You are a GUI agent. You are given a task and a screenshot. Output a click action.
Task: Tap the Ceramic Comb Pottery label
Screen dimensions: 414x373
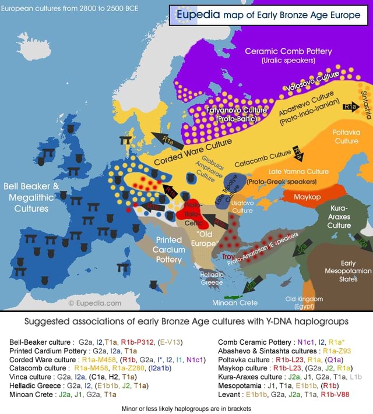pyautogui.click(x=288, y=55)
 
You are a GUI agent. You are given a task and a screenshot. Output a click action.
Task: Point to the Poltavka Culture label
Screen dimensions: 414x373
pyautogui.click(x=346, y=136)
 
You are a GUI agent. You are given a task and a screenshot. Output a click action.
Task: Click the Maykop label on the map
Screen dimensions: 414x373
pyautogui.click(x=307, y=197)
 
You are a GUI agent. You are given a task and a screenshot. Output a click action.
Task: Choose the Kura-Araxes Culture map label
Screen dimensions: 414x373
pyautogui.click(x=339, y=216)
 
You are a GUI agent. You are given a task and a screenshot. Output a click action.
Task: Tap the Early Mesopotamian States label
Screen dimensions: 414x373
pyautogui.click(x=348, y=271)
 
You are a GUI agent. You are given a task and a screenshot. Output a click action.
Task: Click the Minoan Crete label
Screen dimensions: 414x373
pyautogui.click(x=234, y=302)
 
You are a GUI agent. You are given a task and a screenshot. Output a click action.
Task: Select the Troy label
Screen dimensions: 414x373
pyautogui.click(x=228, y=257)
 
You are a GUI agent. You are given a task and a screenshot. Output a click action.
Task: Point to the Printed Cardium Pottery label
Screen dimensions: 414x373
pyautogui.click(x=168, y=250)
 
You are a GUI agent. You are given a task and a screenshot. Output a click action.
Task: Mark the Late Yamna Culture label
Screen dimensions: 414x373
pyautogui.click(x=298, y=171)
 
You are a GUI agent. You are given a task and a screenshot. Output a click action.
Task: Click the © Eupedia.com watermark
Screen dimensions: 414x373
pyautogui.click(x=94, y=302)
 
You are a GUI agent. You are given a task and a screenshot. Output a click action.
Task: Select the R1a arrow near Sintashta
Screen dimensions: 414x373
pyautogui.click(x=350, y=107)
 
